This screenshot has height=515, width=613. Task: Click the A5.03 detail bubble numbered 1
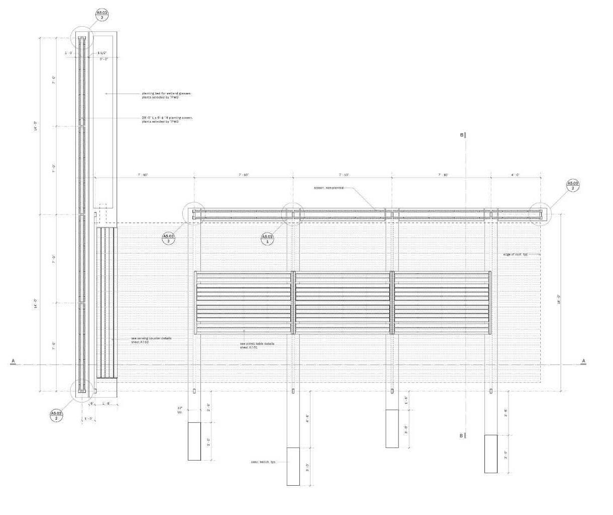pos(268,239)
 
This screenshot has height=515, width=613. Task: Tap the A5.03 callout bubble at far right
pos(573,185)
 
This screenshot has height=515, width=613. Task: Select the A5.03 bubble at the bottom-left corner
pos(57,416)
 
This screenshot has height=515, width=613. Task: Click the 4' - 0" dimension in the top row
pos(516,175)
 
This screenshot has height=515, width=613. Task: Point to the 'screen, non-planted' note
pos(329,188)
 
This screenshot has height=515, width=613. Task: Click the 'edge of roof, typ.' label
pos(515,254)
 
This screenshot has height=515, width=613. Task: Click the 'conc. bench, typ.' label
pos(263,462)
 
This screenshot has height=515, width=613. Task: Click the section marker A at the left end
pos(13,361)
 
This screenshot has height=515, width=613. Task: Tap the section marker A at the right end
pos(584,361)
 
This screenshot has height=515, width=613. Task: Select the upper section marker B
pos(462,135)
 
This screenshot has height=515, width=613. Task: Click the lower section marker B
pos(462,436)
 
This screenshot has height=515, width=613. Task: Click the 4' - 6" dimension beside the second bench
pos(307,419)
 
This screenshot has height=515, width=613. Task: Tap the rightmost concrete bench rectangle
pos(491,453)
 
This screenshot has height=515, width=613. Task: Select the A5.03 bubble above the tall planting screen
pos(102,15)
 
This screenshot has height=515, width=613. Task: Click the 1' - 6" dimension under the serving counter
pos(107,404)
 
